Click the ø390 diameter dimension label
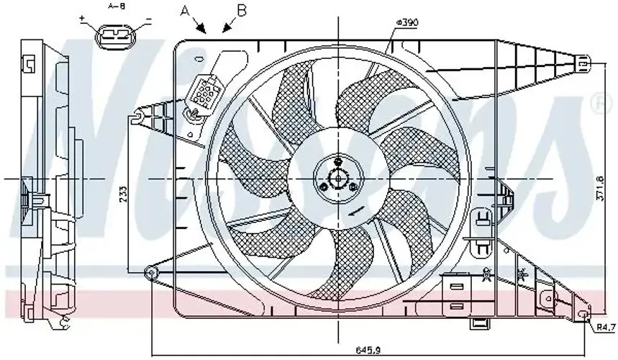click(x=406, y=22)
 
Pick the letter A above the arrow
click(x=186, y=10)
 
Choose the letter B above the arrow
click(x=242, y=9)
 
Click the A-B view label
click(x=116, y=5)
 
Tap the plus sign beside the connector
click(x=83, y=17)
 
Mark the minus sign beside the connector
click(x=148, y=17)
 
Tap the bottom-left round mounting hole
click(x=151, y=272)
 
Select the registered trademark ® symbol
click(x=596, y=105)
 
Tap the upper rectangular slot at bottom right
click(x=455, y=287)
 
